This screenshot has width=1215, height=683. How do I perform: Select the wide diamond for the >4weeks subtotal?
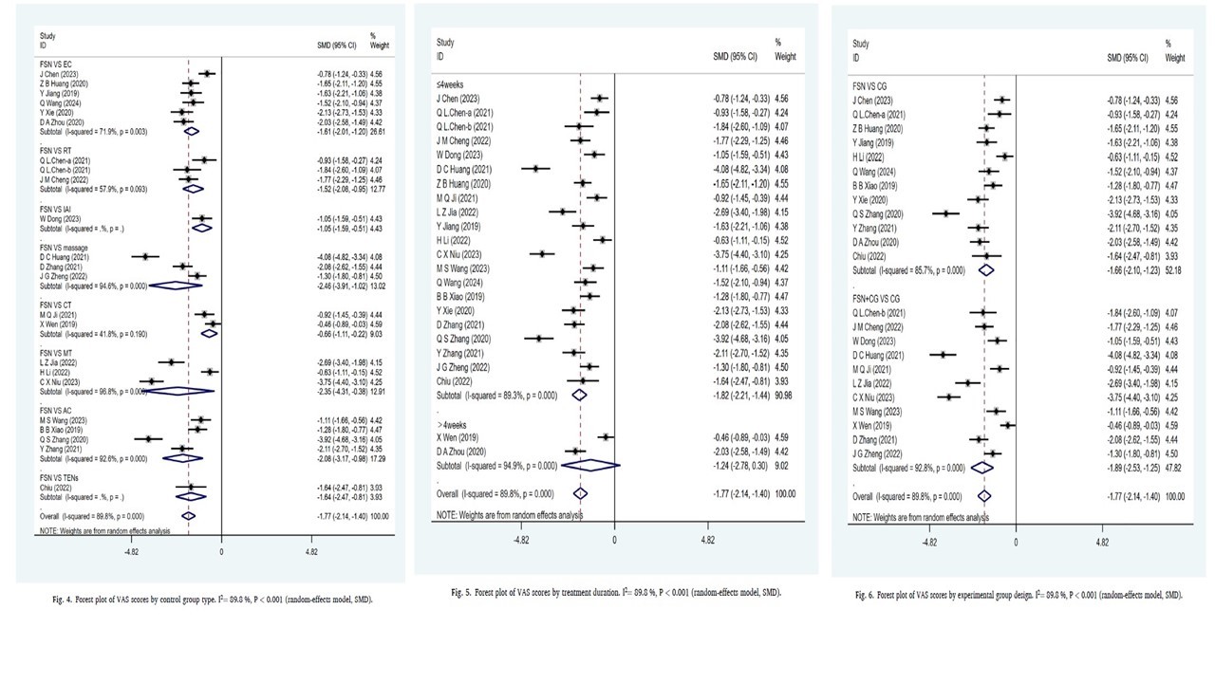pyautogui.click(x=590, y=465)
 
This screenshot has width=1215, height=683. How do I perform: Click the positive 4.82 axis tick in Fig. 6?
pyautogui.click(x=1101, y=544)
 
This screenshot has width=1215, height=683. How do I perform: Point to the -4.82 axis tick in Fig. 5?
pyautogui.click(x=521, y=539)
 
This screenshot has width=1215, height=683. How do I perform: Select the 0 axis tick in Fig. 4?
pyautogui.click(x=221, y=550)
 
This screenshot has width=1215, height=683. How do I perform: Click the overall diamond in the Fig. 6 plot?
pyautogui.click(x=984, y=495)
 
